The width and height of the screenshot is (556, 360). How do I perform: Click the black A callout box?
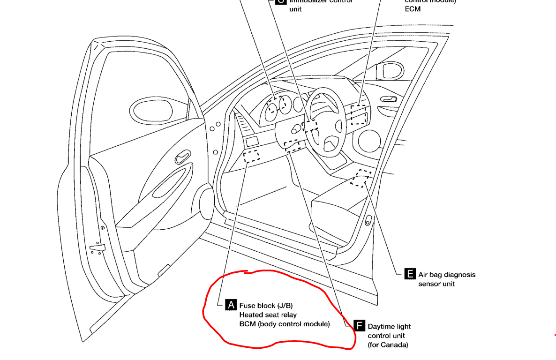click(231, 305)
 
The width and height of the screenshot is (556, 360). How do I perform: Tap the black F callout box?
click(359, 326)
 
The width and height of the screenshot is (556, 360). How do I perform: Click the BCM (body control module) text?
click(284, 324)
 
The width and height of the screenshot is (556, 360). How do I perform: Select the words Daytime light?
click(389, 326)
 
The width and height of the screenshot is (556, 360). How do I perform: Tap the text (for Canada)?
click(388, 345)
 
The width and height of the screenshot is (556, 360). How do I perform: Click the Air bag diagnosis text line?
click(446, 275)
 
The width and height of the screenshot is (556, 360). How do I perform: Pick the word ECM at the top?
click(413, 9)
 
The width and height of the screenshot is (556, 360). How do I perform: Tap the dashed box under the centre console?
click(361, 178)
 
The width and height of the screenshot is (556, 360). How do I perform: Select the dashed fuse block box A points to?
click(252, 156)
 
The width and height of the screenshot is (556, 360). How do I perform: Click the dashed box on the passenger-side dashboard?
click(359, 115)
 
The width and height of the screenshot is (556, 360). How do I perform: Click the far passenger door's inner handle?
click(389, 99)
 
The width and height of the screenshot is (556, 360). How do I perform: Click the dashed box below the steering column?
click(293, 146)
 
